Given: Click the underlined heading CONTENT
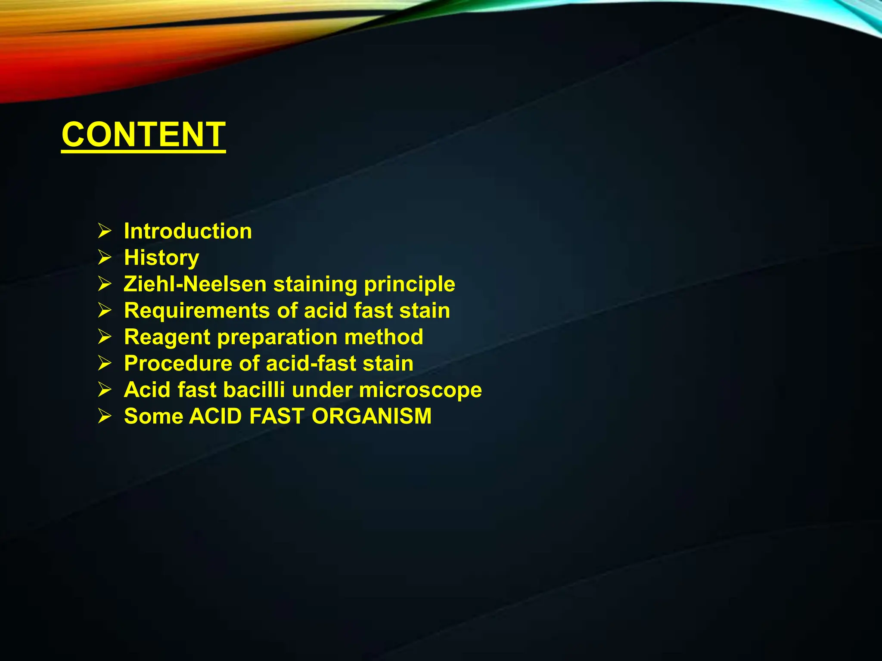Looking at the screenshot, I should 143,134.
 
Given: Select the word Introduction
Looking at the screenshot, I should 188,231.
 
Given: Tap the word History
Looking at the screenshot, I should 161,258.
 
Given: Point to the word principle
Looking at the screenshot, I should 409,285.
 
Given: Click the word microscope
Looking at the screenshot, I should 420,390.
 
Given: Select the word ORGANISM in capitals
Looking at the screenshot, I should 371,416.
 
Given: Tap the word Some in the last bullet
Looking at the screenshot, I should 153,416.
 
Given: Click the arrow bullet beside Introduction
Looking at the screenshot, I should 105,231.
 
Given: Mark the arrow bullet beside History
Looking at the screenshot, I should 105,257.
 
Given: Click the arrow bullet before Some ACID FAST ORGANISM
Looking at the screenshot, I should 105,416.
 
